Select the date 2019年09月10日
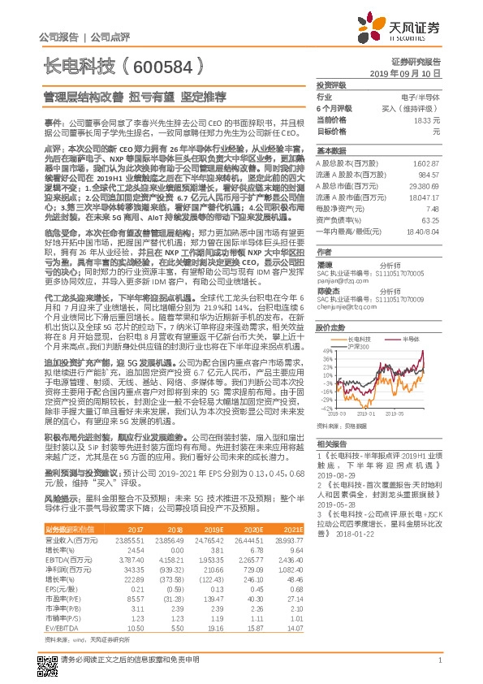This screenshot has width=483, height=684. coord(409,73)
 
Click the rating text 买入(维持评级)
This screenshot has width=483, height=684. coord(411,107)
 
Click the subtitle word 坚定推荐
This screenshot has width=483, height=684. coord(203,95)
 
